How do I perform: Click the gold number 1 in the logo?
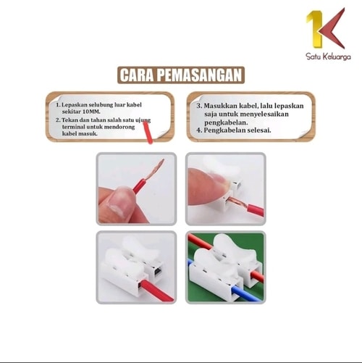coord(316,29)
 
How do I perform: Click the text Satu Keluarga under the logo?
coord(328,57)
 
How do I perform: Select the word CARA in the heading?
coord(137,75)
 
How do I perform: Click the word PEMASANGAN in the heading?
coord(200,75)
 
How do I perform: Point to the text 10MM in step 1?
coord(91,112)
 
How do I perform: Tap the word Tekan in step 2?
coord(69,120)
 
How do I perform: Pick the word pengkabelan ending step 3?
coord(226,122)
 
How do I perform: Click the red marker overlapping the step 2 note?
coord(148,133)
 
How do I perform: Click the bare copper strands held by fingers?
coord(155,169)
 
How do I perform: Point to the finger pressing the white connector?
coord(207,187)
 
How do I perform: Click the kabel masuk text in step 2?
coord(80,133)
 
